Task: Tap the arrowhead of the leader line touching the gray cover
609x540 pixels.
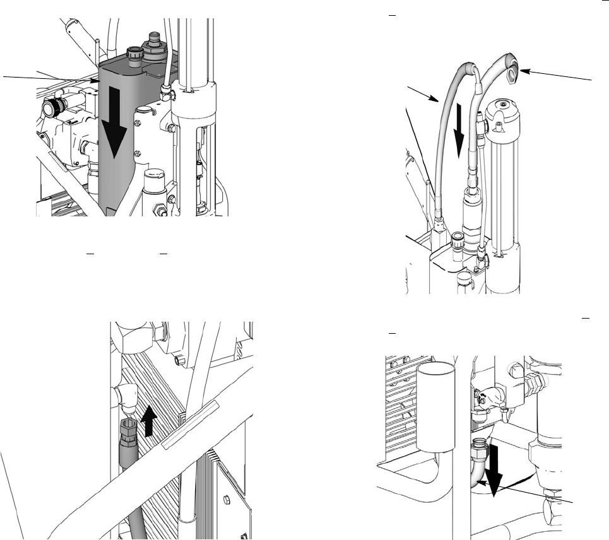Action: tap(97, 81)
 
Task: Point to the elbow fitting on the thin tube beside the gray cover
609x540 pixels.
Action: tap(166, 93)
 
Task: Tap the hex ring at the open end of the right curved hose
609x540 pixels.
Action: tap(512, 76)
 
